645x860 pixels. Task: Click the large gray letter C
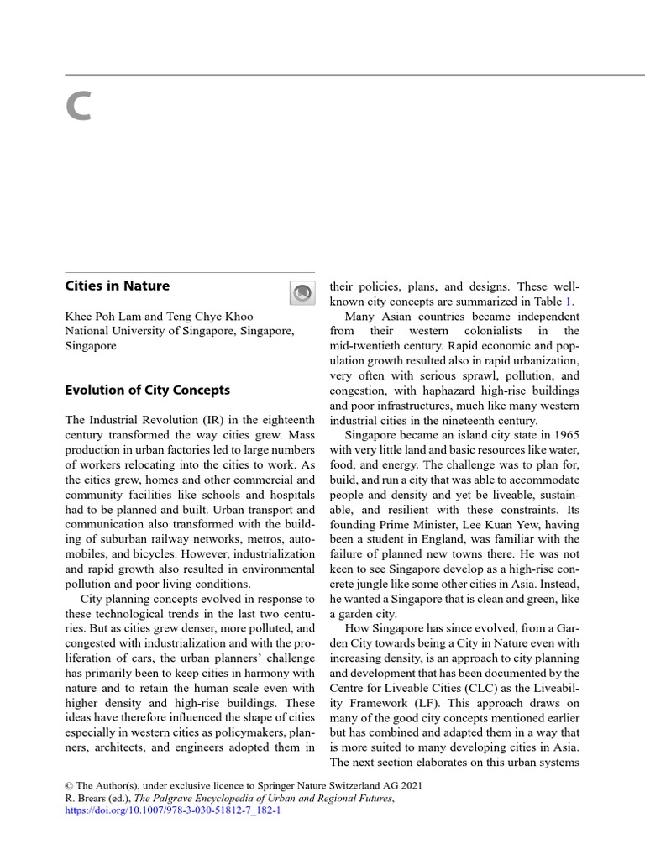78,107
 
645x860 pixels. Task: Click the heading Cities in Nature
118,286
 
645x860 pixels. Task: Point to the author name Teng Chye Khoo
212,317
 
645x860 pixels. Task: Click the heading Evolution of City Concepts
147,390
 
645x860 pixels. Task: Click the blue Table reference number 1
571,302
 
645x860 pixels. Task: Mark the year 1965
563,435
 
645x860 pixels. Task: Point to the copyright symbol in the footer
70,784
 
